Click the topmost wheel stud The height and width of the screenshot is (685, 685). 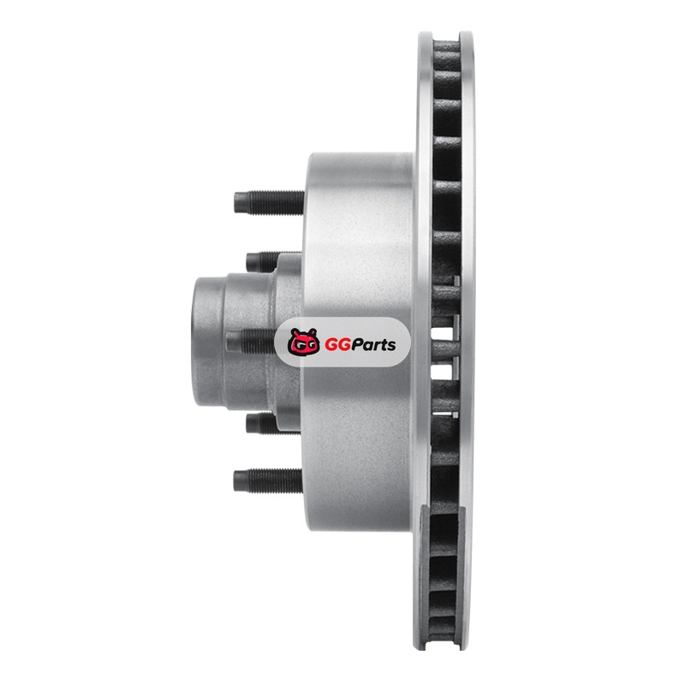269,202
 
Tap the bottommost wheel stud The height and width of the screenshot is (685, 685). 268,480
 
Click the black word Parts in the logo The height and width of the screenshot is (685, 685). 372,345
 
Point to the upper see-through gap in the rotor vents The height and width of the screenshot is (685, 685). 441,334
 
